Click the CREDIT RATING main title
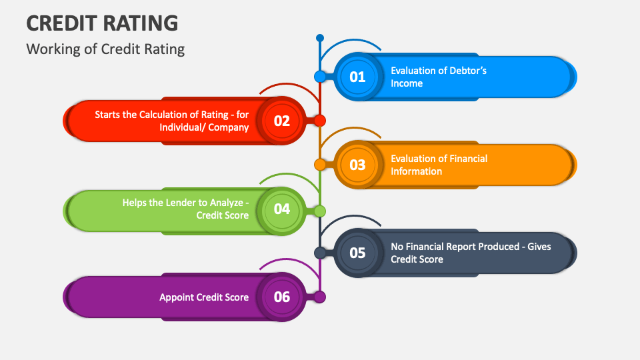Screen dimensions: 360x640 pyautogui.click(x=102, y=23)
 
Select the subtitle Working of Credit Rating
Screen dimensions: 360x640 pyautogui.click(x=105, y=49)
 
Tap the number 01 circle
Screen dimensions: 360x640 pyautogui.click(x=358, y=77)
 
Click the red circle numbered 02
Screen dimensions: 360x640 pyautogui.click(x=282, y=121)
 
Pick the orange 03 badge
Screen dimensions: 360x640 pyautogui.click(x=358, y=165)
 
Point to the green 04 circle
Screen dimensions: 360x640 pyautogui.click(x=282, y=209)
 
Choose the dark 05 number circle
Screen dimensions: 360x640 pyautogui.click(x=358, y=253)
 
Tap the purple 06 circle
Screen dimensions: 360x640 pyautogui.click(x=282, y=297)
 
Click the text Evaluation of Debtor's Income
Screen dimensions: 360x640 pyautogui.click(x=439, y=77)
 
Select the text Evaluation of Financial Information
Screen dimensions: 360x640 pyautogui.click(x=439, y=165)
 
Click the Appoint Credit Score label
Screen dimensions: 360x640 pyautogui.click(x=204, y=297)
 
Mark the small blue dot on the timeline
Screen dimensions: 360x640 pyautogui.click(x=320, y=77)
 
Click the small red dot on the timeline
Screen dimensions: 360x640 pyautogui.click(x=320, y=121)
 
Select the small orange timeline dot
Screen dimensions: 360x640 pyautogui.click(x=320, y=164)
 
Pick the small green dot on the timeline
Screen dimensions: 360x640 pyautogui.click(x=320, y=211)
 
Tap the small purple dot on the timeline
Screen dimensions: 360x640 pyautogui.click(x=320, y=297)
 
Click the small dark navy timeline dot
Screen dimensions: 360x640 pyautogui.click(x=320, y=253)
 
